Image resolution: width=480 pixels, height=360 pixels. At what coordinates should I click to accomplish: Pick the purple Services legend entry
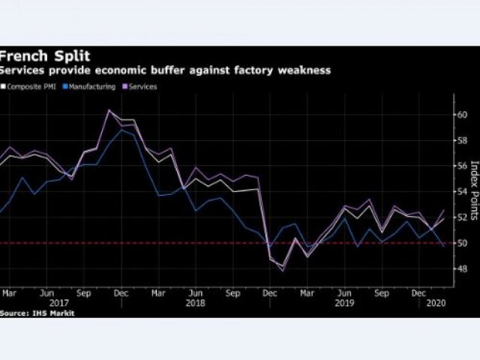coord(143,87)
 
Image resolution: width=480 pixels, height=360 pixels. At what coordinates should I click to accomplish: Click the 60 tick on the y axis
coord(462,115)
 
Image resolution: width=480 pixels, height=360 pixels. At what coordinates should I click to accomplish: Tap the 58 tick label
coord(462,140)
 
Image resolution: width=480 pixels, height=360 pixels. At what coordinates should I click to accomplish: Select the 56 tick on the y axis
coord(462,166)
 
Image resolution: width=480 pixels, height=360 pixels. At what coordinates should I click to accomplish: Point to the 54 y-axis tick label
coord(462,191)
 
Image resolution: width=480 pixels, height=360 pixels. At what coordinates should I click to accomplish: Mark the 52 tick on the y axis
coord(462,217)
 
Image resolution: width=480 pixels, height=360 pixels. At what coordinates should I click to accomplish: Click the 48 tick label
coord(462,268)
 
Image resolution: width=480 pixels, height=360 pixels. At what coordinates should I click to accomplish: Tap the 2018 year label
coord(196,304)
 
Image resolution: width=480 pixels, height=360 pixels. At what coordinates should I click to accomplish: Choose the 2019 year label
coord(344,304)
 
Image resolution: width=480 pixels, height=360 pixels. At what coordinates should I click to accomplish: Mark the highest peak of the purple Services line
coord(109,110)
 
